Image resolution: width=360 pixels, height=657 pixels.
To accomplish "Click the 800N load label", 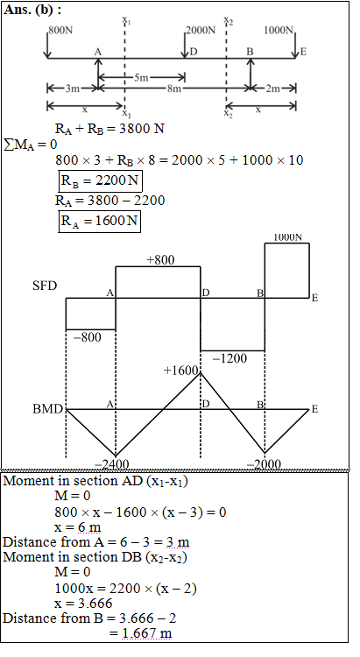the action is pyautogui.click(x=60, y=31).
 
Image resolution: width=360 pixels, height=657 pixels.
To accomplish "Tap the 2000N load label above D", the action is pyautogui.click(x=201, y=30).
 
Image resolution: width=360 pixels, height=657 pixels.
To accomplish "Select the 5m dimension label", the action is pyautogui.click(x=141, y=77).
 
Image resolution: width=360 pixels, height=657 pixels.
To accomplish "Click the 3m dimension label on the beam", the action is pyautogui.click(x=72, y=88).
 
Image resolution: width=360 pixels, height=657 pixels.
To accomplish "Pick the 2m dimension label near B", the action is pyautogui.click(x=272, y=88).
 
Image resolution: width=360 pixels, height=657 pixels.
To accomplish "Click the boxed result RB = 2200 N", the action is pyautogui.click(x=99, y=181).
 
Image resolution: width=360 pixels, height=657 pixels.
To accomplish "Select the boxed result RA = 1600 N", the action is pyautogui.click(x=99, y=221).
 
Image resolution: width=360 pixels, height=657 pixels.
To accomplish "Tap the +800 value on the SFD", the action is pyautogui.click(x=160, y=260).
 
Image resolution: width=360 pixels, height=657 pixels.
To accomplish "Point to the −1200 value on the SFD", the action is pyautogui.click(x=229, y=358).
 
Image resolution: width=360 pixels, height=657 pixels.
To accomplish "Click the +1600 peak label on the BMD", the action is pyautogui.click(x=180, y=371).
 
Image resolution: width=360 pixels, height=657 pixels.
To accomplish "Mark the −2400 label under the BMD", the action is pyautogui.click(x=111, y=463).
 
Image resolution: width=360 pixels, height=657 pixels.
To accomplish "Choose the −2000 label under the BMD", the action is pyautogui.click(x=264, y=463).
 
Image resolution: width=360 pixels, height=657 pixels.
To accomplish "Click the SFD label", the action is pyautogui.click(x=45, y=286).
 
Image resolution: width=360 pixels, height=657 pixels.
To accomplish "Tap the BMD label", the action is pyautogui.click(x=48, y=409).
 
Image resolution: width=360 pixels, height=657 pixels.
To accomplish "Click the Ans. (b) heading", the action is pyautogui.click(x=32, y=10).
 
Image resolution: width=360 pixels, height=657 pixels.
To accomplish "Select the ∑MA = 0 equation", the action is pyautogui.click(x=30, y=145).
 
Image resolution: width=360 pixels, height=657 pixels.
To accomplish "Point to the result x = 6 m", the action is pyautogui.click(x=78, y=527).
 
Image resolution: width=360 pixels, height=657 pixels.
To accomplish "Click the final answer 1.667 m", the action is pyautogui.click(x=146, y=632).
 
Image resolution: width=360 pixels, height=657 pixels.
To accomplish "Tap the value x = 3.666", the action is pyautogui.click(x=83, y=603).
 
